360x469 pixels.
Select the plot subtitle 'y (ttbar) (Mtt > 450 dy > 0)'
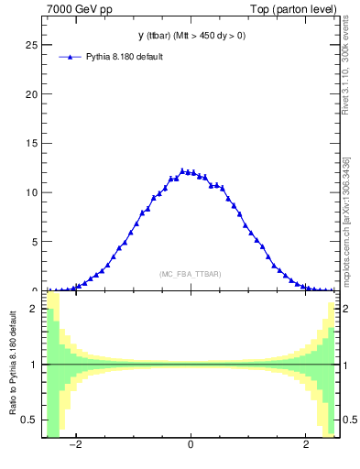(191, 36)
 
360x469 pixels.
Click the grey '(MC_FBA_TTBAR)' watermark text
(191, 274)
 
